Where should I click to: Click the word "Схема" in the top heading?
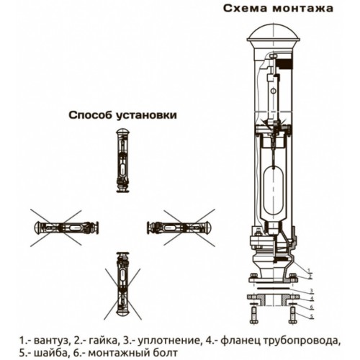click(x=246, y=9)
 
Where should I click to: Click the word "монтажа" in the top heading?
click(x=303, y=9)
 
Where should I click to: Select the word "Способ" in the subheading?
click(x=90, y=115)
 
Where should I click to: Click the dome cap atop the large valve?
click(x=274, y=33)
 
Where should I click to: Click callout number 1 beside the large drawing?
click(x=309, y=269)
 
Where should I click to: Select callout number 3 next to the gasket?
click(x=312, y=290)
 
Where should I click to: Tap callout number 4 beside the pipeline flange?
click(x=312, y=299)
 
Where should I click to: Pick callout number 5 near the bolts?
click(x=312, y=316)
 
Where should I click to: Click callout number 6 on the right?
click(x=312, y=307)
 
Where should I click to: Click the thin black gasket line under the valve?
click(x=274, y=287)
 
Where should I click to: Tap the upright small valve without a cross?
click(x=122, y=161)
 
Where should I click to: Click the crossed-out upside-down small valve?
click(x=122, y=284)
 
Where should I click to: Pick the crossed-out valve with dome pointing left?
click(x=66, y=228)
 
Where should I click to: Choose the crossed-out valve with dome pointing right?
click(x=179, y=228)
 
